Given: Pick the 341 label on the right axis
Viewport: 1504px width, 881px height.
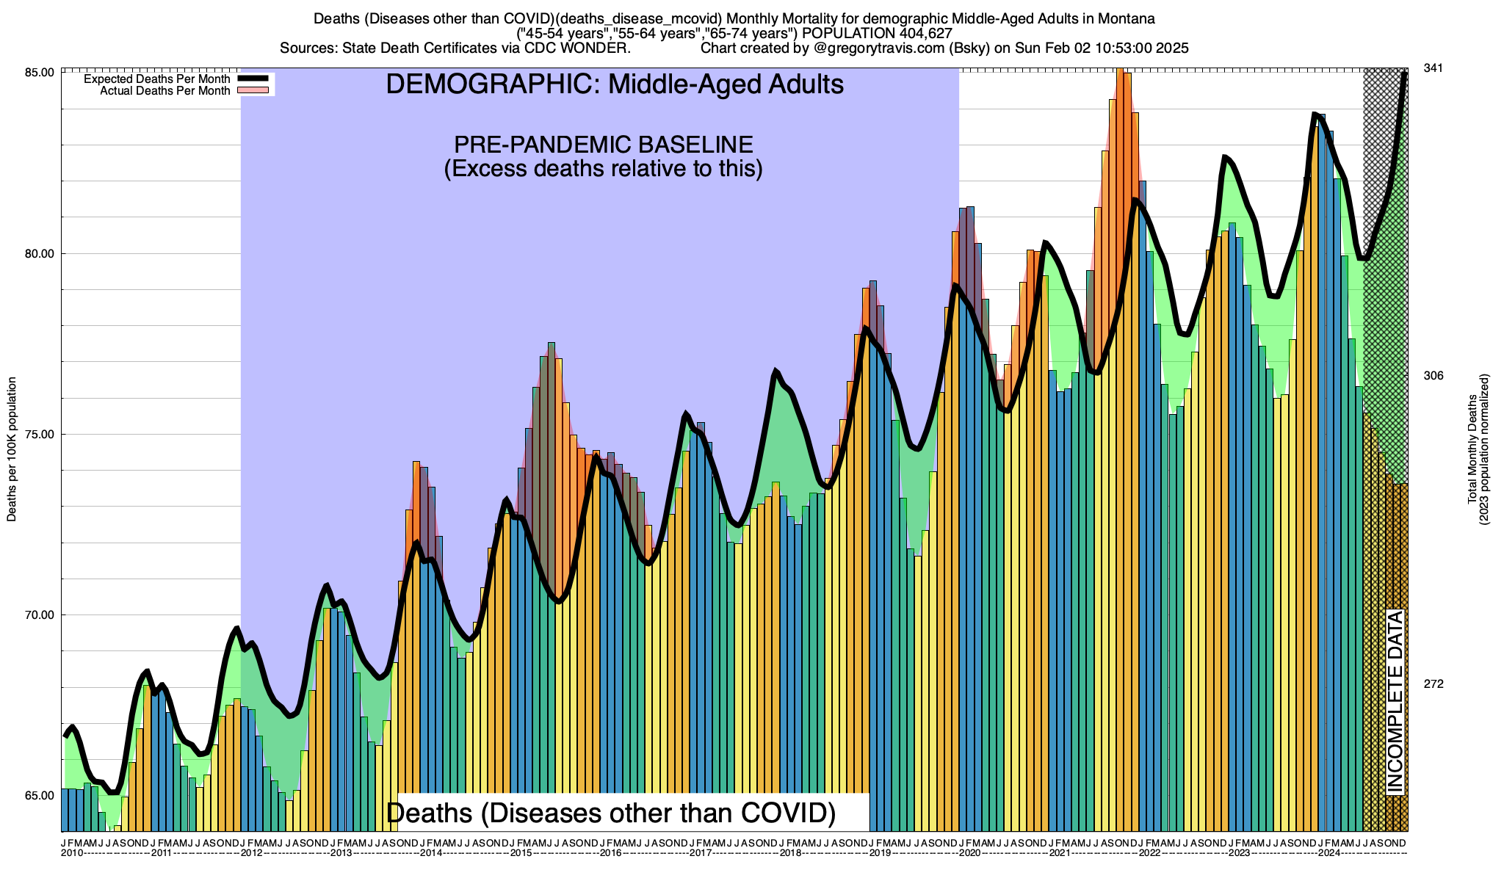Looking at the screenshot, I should [x=1433, y=68].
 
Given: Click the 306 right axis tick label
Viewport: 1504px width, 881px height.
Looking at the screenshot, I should [x=1433, y=376].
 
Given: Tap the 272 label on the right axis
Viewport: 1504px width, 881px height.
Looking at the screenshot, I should [x=1433, y=684].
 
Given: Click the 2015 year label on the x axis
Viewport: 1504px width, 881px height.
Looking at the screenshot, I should [x=521, y=853].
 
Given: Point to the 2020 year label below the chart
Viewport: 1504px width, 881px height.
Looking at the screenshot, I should [x=969, y=853].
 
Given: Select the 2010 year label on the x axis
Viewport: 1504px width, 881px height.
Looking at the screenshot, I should [x=72, y=853].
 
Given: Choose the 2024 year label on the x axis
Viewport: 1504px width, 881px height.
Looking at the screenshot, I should [x=1328, y=853].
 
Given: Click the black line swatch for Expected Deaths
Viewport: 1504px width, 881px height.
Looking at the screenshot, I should [x=255, y=79].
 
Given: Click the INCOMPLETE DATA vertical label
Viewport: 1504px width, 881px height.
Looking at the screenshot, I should [x=1395, y=702].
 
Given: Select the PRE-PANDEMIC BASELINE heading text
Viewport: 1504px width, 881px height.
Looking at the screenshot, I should [x=603, y=145].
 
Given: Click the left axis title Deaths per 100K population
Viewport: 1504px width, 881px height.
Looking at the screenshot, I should [x=12, y=449].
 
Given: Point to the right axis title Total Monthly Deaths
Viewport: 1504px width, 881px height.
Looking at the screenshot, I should [x=1478, y=449].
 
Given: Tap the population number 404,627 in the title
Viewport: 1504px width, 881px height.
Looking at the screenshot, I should [x=918, y=33].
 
